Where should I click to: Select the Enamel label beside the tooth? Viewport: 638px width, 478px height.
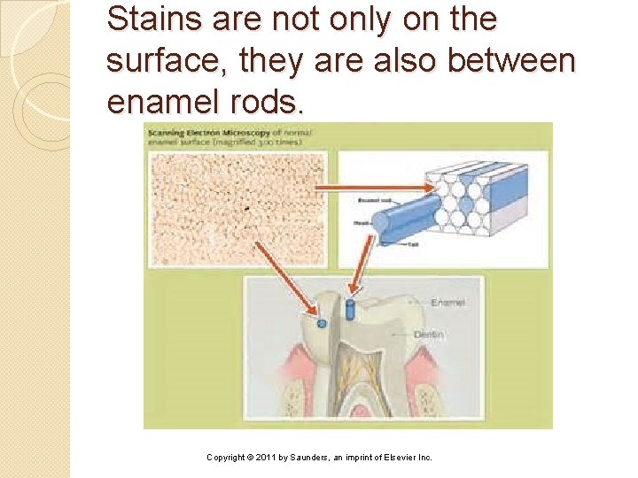[447, 303]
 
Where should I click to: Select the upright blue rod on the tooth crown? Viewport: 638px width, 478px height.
[350, 310]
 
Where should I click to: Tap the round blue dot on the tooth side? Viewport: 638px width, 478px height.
[322, 324]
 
